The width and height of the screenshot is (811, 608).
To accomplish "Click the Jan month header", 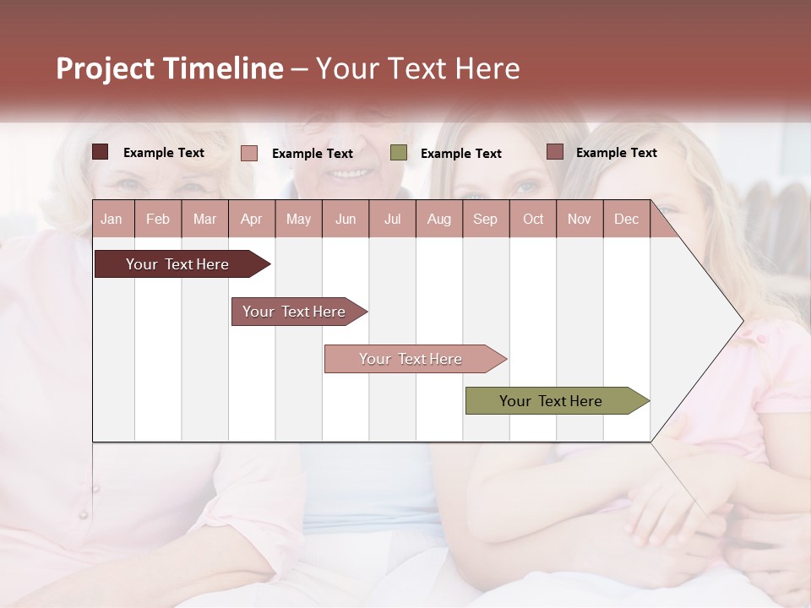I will pos(112,219).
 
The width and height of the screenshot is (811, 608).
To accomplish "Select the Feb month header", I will pos(158,219).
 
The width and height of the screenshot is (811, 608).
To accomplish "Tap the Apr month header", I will pos(251,219).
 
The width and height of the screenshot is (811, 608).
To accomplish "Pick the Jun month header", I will pos(346,219).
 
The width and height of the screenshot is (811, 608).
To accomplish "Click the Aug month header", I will pos(438,219).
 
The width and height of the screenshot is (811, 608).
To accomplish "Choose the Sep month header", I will pos(485,219).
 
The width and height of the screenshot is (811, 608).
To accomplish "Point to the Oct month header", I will pos(533,219).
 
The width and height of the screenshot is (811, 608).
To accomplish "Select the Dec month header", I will pos(626,219).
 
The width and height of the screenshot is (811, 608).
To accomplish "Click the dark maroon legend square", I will pos(101,152).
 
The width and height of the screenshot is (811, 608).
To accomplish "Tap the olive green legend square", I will pos(399,153).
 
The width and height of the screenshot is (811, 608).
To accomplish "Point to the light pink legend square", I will pos(249,153).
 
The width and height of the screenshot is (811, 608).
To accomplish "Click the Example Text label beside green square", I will pos(460,153).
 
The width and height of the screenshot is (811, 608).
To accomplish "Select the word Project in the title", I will pos(105,68).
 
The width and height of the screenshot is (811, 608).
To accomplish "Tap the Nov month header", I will pos(579,219).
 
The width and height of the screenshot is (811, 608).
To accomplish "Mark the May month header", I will pos(298,219).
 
